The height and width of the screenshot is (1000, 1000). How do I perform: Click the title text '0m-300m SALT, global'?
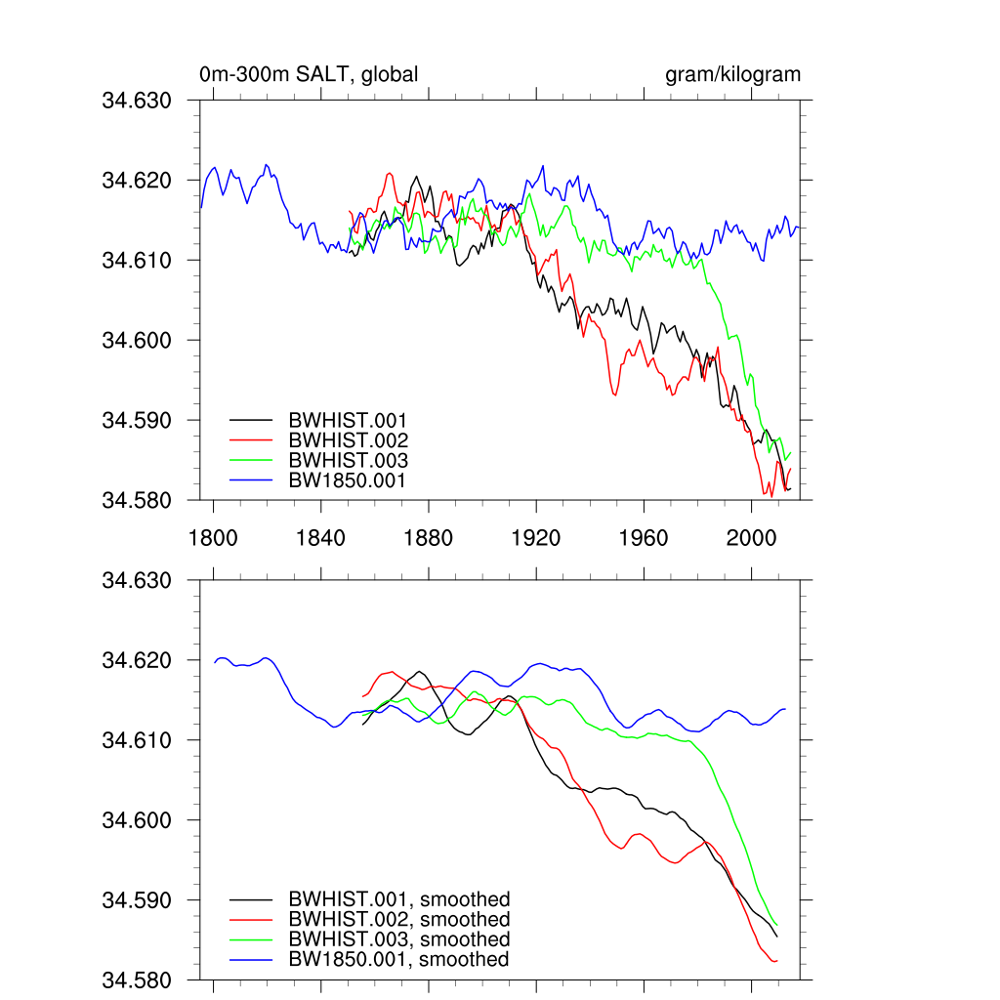click(309, 74)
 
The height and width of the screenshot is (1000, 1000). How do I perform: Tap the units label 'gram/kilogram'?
click(732, 74)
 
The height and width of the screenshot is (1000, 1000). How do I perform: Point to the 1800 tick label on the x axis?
click(213, 538)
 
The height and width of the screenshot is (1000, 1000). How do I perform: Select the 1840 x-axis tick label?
click(320, 538)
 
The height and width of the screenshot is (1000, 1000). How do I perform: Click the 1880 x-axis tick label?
click(429, 538)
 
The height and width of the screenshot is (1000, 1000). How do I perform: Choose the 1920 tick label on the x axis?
click(536, 538)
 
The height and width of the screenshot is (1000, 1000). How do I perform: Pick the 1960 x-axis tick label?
click(644, 538)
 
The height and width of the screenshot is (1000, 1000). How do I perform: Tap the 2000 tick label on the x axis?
click(751, 538)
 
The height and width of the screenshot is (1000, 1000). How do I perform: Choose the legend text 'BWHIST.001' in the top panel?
click(348, 421)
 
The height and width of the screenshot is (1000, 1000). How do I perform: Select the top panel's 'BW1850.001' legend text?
click(347, 480)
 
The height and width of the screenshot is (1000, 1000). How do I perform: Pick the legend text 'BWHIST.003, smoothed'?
click(399, 939)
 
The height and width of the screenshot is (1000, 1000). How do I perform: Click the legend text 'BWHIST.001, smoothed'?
click(399, 899)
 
